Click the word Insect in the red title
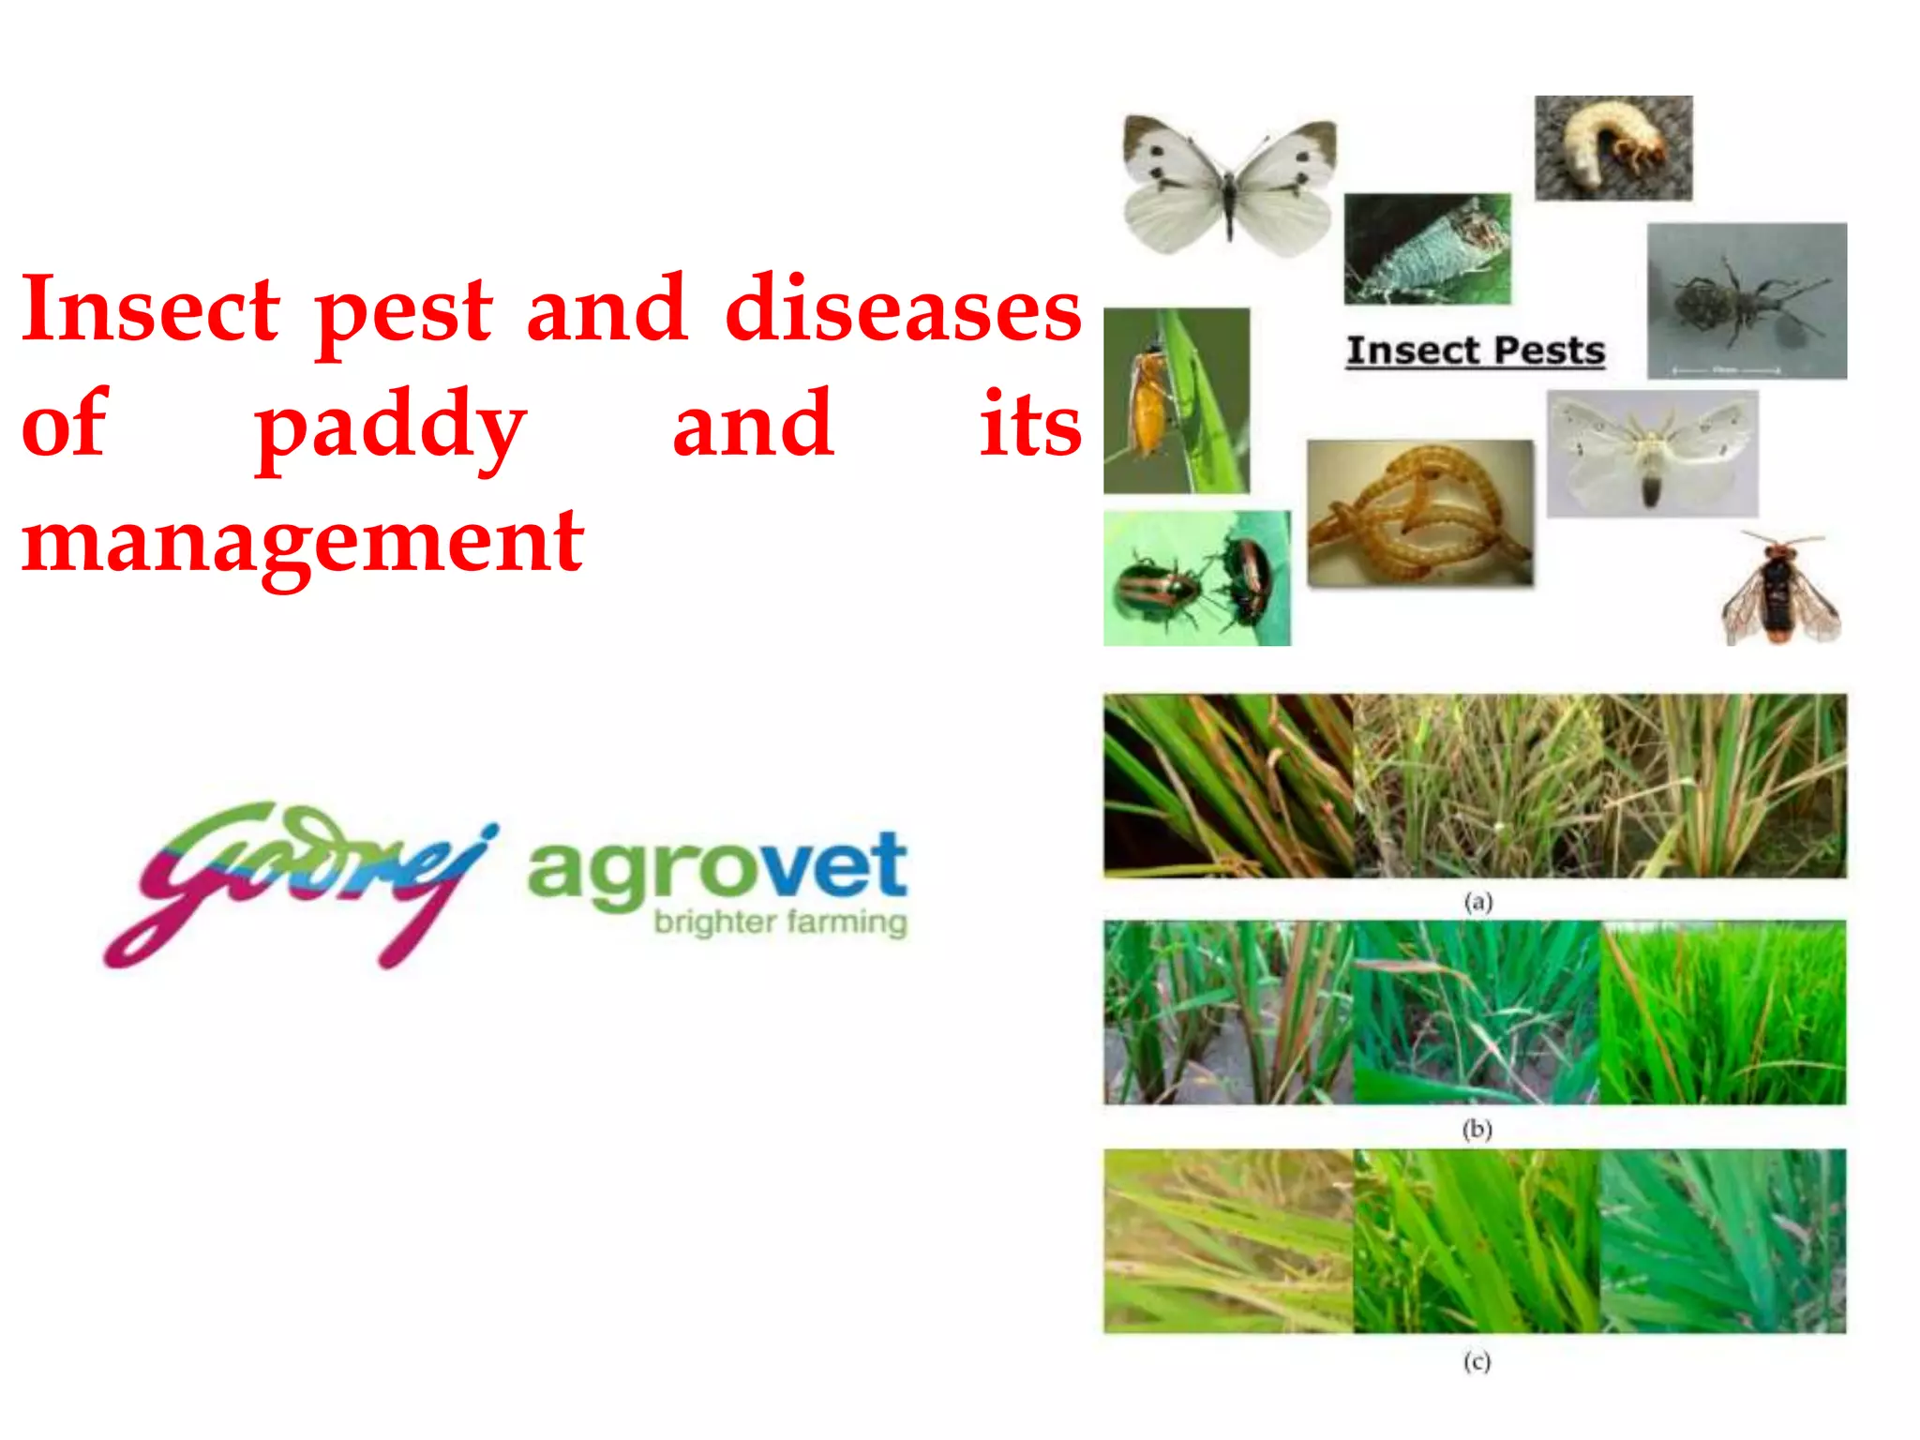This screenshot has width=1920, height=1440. [x=150, y=309]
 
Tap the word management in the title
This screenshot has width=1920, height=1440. [x=303, y=541]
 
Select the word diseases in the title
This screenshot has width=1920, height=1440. [x=903, y=309]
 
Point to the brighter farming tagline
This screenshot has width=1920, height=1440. [x=780, y=922]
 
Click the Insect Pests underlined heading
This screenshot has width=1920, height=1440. [x=1476, y=351]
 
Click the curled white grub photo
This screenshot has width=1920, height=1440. [x=1612, y=148]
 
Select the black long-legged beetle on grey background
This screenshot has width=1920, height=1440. [x=1747, y=300]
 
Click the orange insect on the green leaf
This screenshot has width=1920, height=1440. [x=1176, y=400]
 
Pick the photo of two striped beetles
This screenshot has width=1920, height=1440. [x=1196, y=577]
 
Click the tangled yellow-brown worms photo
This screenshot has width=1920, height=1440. [x=1419, y=513]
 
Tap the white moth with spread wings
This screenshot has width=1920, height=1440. [x=1652, y=454]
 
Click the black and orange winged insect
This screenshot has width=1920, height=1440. [x=1779, y=589]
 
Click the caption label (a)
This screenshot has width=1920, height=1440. [x=1477, y=902]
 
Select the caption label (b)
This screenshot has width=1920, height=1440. [x=1477, y=1129]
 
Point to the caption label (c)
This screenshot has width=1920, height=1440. [x=1477, y=1360]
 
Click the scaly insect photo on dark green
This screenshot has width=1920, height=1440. [x=1427, y=248]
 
